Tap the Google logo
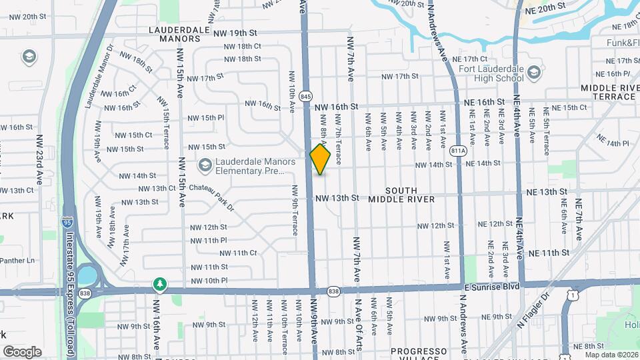(22, 352)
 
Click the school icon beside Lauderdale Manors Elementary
(205, 164)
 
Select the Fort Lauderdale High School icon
(533, 72)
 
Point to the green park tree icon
(159, 285)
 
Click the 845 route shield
(306, 97)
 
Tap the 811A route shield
(457, 151)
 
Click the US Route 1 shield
(571, 293)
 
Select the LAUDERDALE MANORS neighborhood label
(175, 34)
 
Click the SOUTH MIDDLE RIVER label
(401, 195)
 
